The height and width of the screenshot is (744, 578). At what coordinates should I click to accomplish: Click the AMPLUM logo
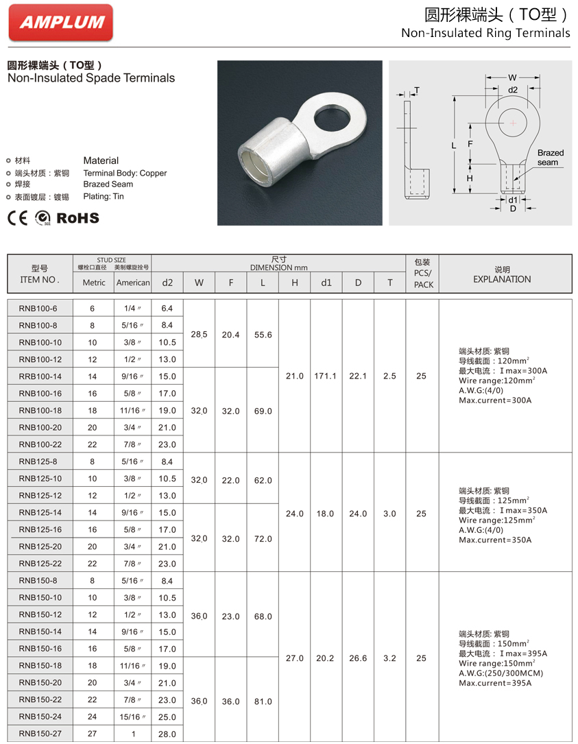point(61,22)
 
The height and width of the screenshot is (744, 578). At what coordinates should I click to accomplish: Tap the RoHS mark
point(77,218)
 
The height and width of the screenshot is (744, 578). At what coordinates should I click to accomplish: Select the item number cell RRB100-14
point(40,376)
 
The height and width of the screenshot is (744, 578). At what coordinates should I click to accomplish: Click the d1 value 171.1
point(326,376)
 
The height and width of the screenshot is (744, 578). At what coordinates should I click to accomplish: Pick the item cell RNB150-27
point(40,734)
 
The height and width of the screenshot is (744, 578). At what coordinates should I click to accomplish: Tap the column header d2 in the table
point(167,283)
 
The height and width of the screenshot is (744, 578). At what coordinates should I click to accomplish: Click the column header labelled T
point(389,283)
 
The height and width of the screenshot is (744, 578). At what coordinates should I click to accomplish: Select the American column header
point(133,283)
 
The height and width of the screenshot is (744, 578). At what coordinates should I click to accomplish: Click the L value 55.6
point(263,335)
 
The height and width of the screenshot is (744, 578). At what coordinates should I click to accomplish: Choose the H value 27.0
point(294,658)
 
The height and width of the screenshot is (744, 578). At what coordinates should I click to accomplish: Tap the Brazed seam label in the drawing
point(549,158)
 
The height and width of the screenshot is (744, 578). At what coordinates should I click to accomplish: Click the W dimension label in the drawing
point(512,77)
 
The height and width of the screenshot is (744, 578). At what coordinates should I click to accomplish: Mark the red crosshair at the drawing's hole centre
point(513,123)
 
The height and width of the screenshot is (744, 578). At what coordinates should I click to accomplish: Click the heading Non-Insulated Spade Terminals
point(91,78)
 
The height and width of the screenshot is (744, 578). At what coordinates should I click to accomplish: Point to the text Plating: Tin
point(104,197)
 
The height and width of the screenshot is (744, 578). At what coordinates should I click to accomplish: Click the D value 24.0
point(358,514)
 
